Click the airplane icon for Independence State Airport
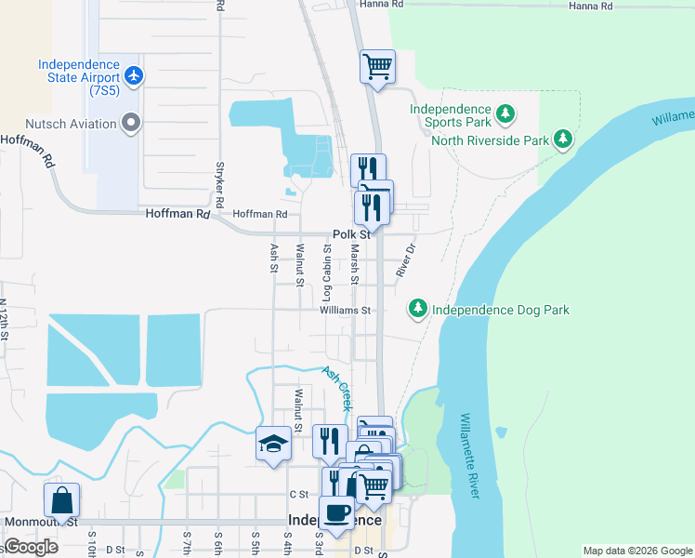[135, 74]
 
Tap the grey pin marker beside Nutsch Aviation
[131, 123]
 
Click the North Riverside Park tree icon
[562, 140]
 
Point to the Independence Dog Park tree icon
[418, 309]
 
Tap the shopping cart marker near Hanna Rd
[377, 66]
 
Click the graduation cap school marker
[273, 443]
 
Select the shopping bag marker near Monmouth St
[61, 499]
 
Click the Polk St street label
[352, 235]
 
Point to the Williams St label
[346, 311]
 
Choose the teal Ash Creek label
[336, 387]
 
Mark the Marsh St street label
[355, 264]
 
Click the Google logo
[32, 547]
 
